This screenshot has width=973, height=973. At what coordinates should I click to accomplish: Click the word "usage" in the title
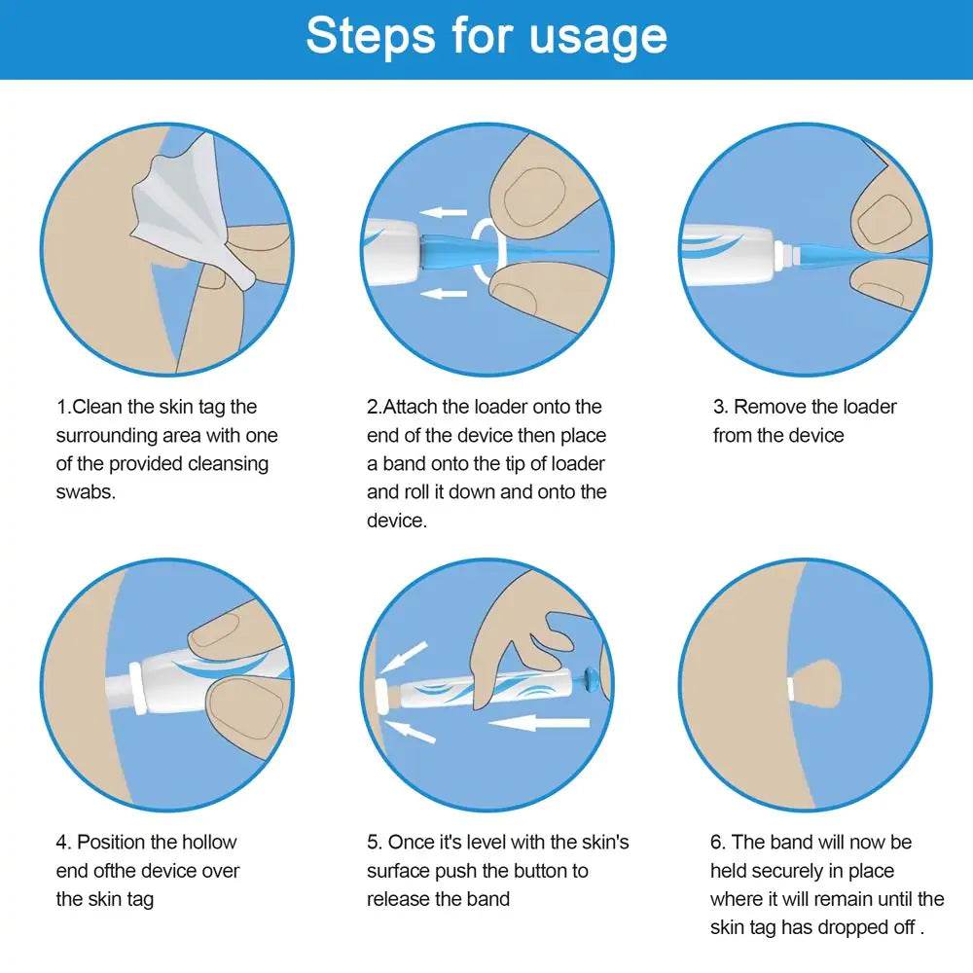tap(598, 37)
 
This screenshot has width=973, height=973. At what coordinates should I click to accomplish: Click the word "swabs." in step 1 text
tap(86, 491)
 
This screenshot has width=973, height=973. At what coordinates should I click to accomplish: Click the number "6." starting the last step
tap(718, 842)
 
